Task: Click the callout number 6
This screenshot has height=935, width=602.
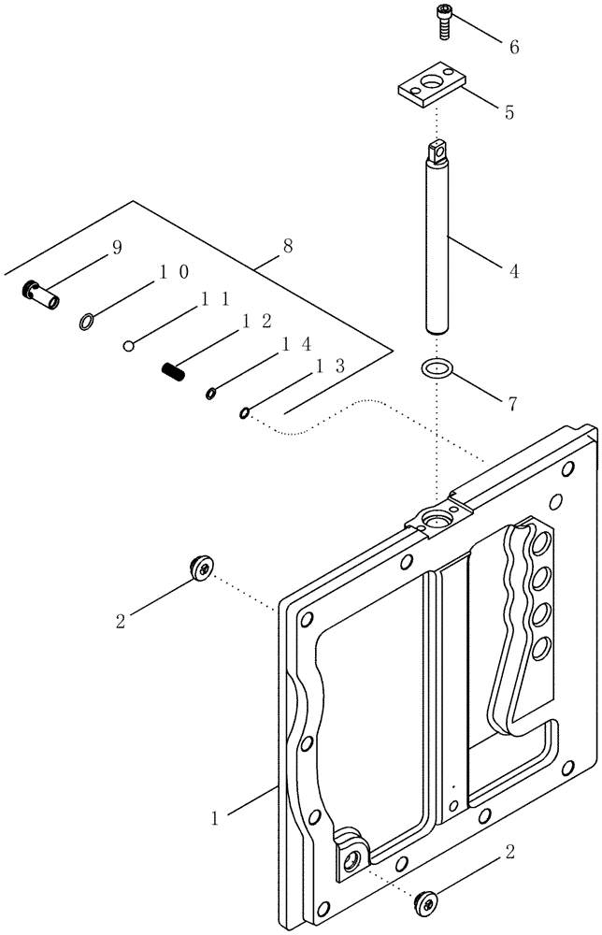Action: coord(513,47)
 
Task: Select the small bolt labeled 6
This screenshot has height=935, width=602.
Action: coord(442,21)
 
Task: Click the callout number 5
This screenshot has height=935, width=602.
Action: coord(509,113)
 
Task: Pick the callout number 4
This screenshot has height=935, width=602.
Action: coord(513,272)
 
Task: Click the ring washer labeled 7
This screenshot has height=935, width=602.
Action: coord(437,369)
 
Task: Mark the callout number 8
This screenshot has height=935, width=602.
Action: coord(287,246)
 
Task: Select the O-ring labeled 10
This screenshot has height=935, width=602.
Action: coord(86,323)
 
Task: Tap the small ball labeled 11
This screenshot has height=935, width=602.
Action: coord(131,347)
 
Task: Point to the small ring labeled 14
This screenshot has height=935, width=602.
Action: coord(211,394)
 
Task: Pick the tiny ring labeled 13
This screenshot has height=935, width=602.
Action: coord(245,412)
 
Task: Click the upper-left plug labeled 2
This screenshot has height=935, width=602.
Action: coord(199,566)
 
